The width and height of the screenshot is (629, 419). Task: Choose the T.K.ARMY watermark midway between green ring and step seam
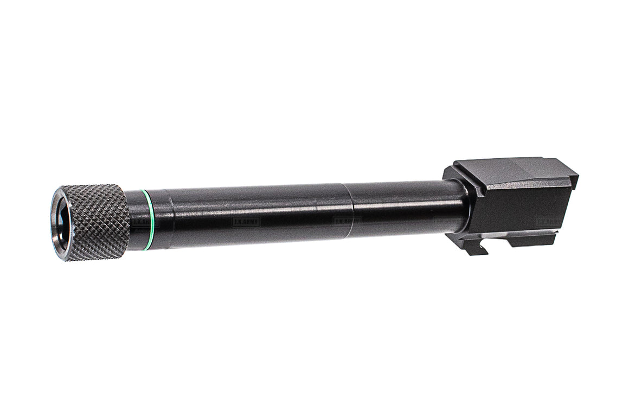pos(246,222)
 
